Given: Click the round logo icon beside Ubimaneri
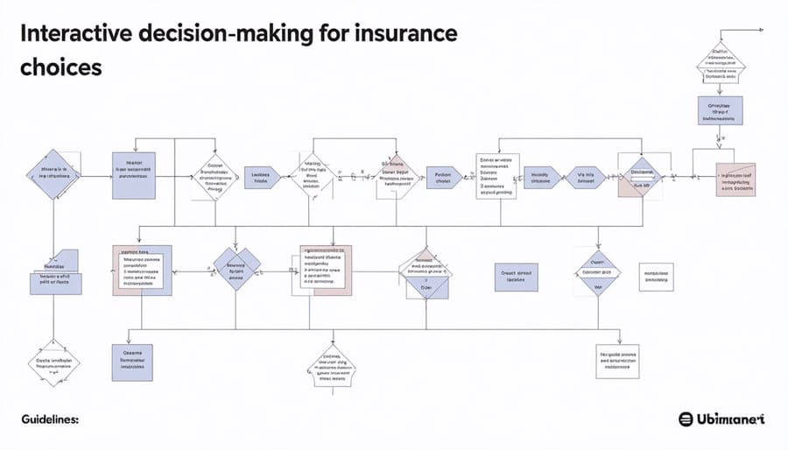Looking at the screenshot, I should pyautogui.click(x=687, y=419).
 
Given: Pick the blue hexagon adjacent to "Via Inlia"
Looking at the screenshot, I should pyautogui.click(x=539, y=178).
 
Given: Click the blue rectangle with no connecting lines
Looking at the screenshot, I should pyautogui.click(x=517, y=275).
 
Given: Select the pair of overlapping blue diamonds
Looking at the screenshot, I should pyautogui.click(x=238, y=269).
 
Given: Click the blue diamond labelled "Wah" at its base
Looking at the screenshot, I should pyautogui.click(x=598, y=273).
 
